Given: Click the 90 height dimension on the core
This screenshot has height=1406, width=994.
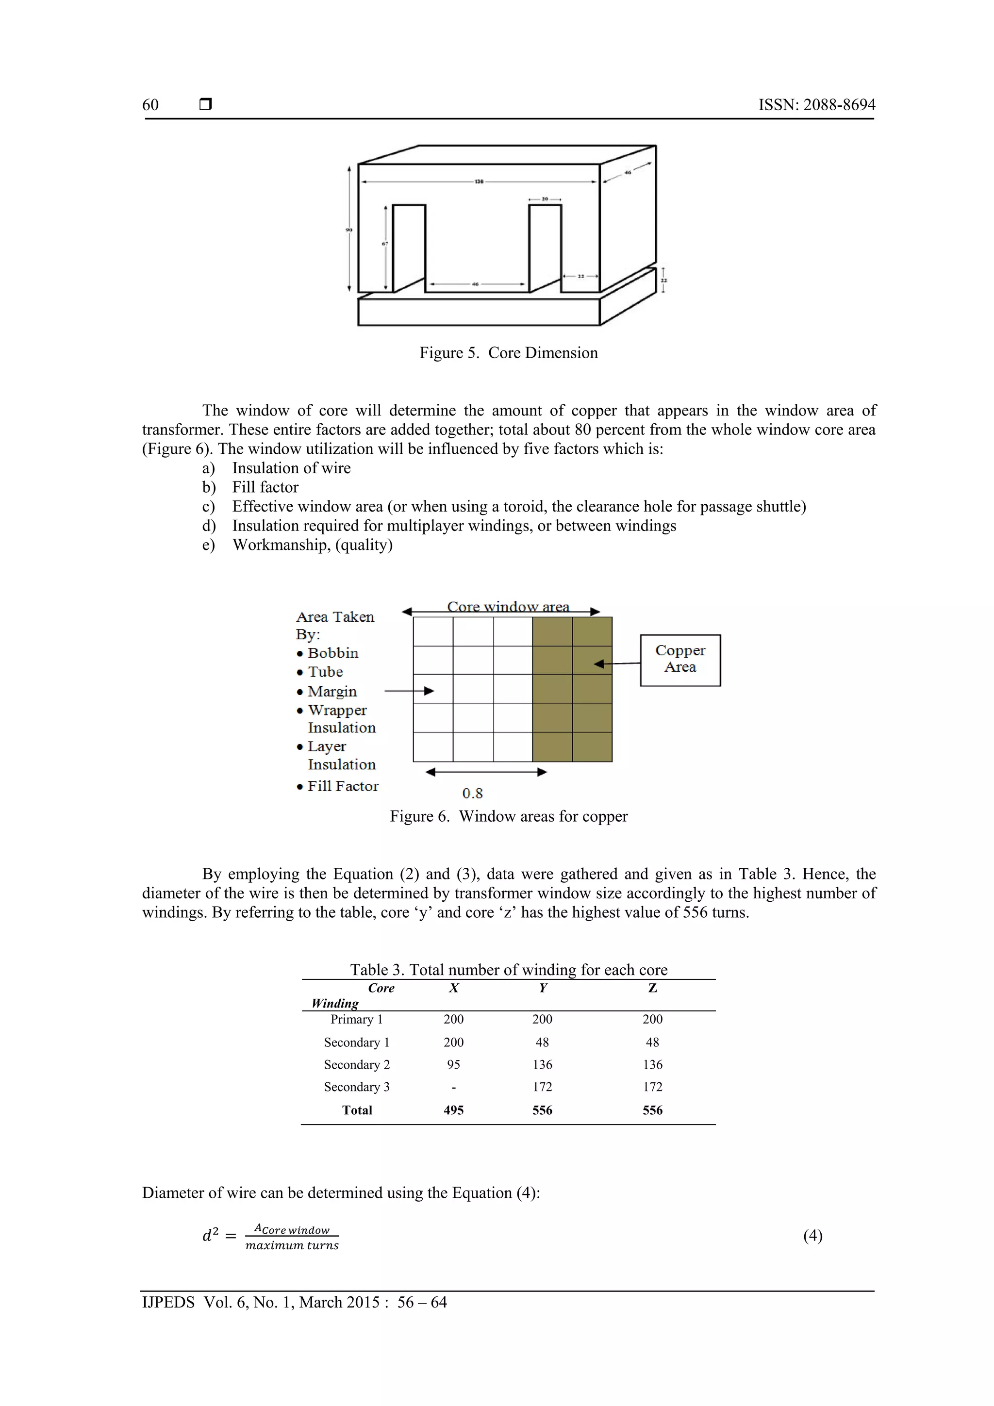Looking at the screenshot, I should pyautogui.click(x=348, y=230).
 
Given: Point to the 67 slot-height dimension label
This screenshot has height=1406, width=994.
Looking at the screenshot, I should pyautogui.click(x=385, y=244).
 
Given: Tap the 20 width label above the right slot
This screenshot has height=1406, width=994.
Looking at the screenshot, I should pyautogui.click(x=545, y=199).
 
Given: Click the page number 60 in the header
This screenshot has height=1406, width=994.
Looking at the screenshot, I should pyautogui.click(x=150, y=105).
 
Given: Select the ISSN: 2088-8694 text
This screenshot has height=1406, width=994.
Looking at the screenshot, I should pyautogui.click(x=816, y=105).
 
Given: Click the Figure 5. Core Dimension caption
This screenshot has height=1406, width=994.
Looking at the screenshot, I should pyautogui.click(x=508, y=353).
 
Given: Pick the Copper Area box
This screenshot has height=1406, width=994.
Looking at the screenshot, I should pyautogui.click(x=680, y=660).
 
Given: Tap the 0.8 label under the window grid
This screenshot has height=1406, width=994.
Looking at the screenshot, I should pyautogui.click(x=472, y=793).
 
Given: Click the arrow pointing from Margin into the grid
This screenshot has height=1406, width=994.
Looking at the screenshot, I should pyautogui.click(x=409, y=691).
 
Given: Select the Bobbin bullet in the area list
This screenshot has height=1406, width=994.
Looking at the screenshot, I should pyautogui.click(x=332, y=653).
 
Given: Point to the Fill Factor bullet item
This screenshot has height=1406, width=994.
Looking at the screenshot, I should pyautogui.click(x=342, y=786).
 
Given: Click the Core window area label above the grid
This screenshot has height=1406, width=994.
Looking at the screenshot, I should pyautogui.click(x=508, y=606).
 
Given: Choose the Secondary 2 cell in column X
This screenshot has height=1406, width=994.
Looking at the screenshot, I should pyautogui.click(x=453, y=1064).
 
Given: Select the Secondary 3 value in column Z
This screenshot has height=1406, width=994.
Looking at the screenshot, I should pyautogui.click(x=652, y=1087).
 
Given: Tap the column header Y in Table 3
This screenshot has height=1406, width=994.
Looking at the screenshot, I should pyautogui.click(x=543, y=988).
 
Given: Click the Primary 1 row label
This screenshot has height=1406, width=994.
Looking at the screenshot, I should pyautogui.click(x=356, y=1019).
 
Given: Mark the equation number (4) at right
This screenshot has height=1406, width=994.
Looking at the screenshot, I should pyautogui.click(x=812, y=1235).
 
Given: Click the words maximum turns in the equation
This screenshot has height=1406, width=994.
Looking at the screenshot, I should pyautogui.click(x=292, y=1245).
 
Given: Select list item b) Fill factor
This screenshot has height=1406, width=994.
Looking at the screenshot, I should pyautogui.click(x=265, y=487).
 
